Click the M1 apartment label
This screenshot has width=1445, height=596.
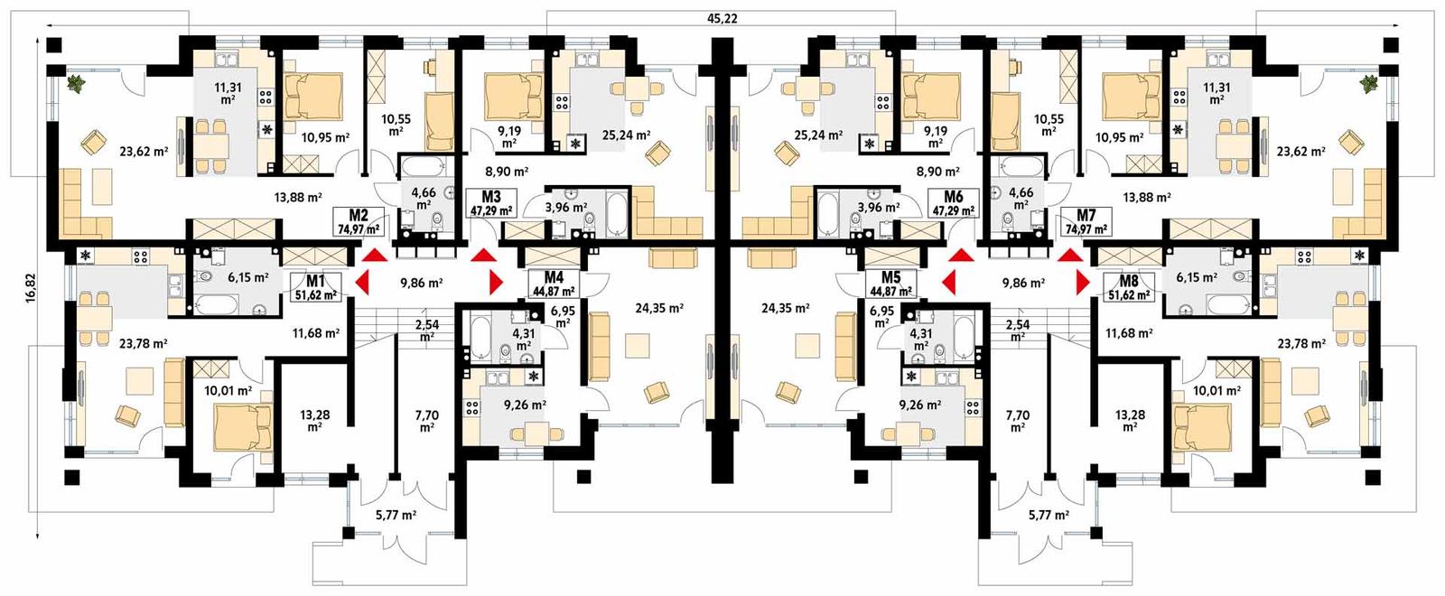point(315,281)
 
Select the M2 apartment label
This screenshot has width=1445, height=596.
point(359,215)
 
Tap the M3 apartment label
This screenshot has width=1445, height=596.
point(490,197)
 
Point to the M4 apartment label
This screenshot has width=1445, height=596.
point(554,277)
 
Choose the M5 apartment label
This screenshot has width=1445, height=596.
point(890,277)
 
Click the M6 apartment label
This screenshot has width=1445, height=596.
point(953,197)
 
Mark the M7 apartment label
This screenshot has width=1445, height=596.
point(1086,215)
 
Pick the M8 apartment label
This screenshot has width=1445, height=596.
point(1128,281)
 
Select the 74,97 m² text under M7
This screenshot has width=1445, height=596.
point(1086,229)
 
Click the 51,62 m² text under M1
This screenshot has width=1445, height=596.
point(315,294)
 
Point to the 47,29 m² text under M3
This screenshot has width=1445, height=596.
point(490,210)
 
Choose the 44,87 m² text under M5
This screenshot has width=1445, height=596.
point(890,292)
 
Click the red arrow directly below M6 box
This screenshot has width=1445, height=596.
point(960,257)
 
